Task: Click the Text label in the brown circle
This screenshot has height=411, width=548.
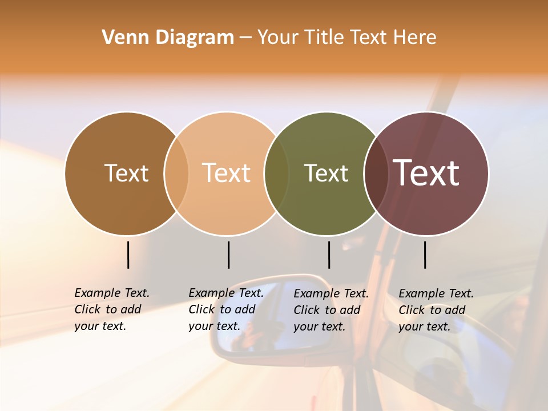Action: point(126,173)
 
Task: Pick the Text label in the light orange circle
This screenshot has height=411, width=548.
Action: point(227,173)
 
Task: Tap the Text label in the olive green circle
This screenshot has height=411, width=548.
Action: point(326,173)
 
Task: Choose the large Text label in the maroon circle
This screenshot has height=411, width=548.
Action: point(426,173)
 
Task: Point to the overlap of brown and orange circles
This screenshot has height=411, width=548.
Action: point(176,174)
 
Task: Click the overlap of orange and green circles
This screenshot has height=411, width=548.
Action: point(276,174)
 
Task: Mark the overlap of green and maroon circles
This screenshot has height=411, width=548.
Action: point(376,174)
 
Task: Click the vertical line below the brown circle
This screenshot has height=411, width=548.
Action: point(128,255)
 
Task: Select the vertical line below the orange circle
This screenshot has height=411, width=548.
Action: point(228,255)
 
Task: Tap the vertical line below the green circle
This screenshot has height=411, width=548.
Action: point(329,255)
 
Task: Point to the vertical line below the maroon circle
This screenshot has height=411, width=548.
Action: point(425,255)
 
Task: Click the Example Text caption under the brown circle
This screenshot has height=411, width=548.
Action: point(112,309)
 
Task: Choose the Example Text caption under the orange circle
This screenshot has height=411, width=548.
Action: point(226,309)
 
